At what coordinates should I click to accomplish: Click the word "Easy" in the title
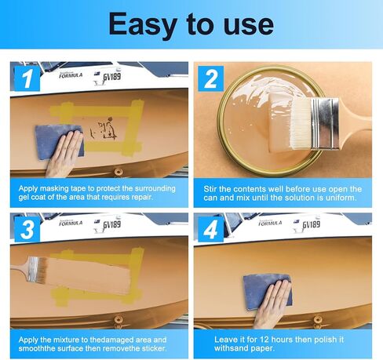point(143,25)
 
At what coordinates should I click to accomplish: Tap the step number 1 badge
point(27,78)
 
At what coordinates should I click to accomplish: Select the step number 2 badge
point(210,78)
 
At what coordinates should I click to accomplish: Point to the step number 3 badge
point(27,229)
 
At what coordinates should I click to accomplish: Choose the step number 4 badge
point(210,229)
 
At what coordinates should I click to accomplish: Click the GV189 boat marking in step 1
point(111,77)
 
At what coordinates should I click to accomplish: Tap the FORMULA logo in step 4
point(270,223)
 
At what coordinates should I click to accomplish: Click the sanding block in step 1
point(60,142)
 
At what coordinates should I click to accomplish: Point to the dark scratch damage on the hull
point(104,129)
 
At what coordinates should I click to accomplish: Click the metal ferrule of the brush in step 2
point(324,123)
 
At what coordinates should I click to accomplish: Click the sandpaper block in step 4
point(267,292)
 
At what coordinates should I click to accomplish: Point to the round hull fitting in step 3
point(119,319)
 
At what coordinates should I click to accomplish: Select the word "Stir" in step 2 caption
point(210,189)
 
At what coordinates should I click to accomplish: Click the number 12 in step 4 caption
point(264,340)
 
